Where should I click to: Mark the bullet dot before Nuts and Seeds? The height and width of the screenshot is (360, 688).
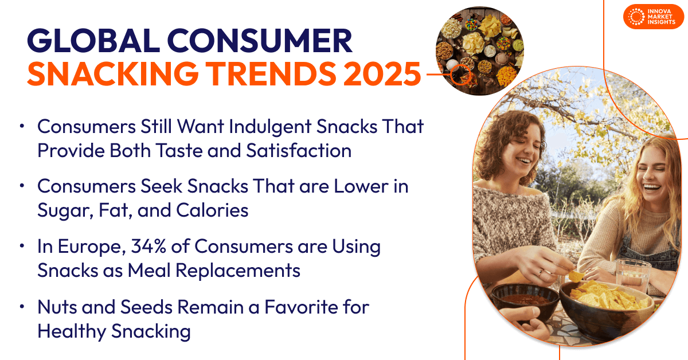(22, 307)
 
